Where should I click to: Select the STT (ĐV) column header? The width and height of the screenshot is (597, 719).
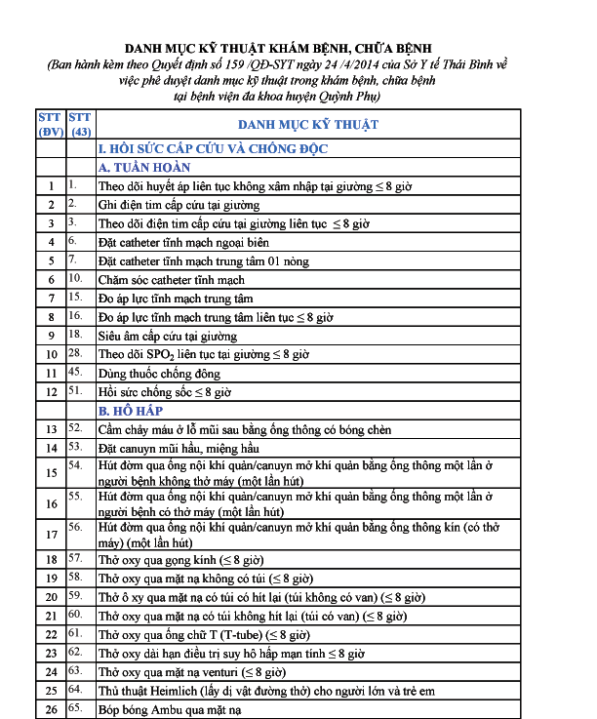pyautogui.click(x=50, y=125)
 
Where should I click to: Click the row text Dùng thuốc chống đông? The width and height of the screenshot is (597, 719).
pyautogui.click(x=159, y=373)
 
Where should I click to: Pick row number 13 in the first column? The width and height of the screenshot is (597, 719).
pyautogui.click(x=50, y=429)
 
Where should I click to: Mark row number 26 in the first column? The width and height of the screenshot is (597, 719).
pyautogui.click(x=50, y=710)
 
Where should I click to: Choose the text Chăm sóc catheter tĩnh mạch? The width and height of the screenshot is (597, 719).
pyautogui.click(x=172, y=280)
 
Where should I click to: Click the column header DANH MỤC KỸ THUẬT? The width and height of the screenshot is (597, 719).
pyautogui.click(x=307, y=125)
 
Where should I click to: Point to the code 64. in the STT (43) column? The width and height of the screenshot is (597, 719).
pyautogui.click(x=75, y=691)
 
